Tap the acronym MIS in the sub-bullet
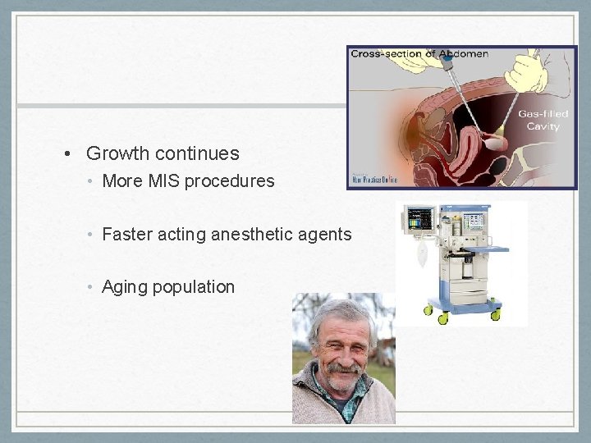(x=164, y=180)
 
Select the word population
(x=196, y=287)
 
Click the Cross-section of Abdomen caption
(x=419, y=54)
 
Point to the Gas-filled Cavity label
(x=543, y=120)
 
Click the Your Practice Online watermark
(x=375, y=180)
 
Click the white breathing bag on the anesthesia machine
(x=420, y=257)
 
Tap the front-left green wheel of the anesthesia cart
(x=428, y=310)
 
